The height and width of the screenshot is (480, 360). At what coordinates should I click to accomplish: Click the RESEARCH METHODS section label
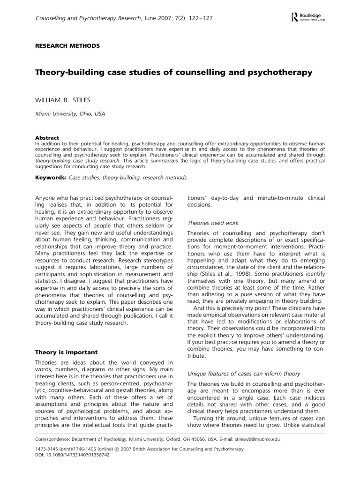pyautogui.click(x=68, y=46)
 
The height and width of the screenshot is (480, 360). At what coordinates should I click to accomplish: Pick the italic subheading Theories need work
pyautogui.click(x=213, y=223)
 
